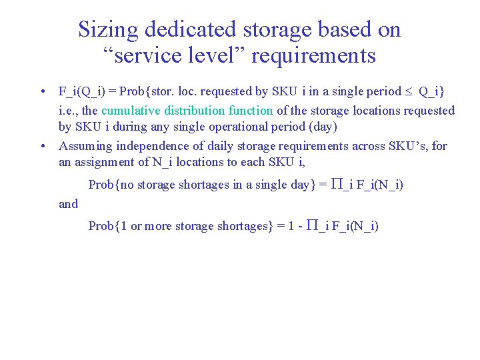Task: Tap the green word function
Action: (250, 111)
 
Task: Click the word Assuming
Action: (85, 146)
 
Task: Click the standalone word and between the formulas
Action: (69, 204)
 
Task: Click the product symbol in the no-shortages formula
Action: (337, 185)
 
